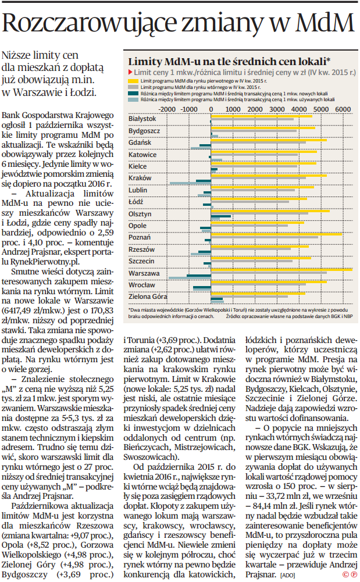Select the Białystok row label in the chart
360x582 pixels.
coord(142,119)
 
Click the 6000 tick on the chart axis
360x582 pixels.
coord(343,109)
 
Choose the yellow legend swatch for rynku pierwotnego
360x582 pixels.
coord(131,80)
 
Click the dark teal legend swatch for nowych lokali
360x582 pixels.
coord(131,93)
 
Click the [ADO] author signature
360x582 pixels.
coord(287,574)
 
